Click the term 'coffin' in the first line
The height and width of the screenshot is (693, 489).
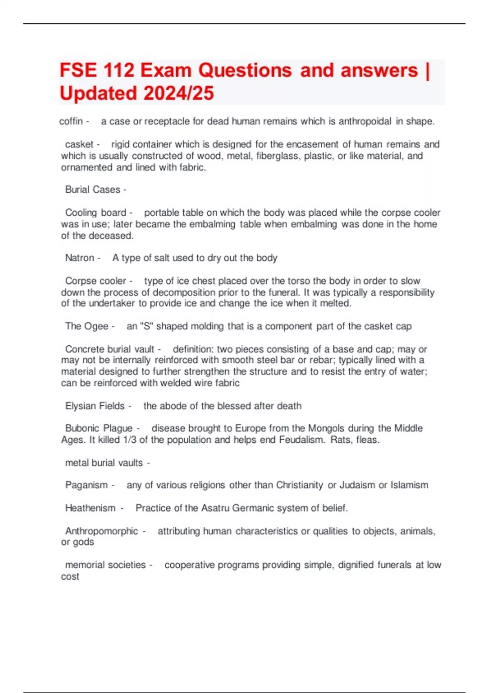(71, 121)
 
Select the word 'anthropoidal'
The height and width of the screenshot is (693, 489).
(365, 121)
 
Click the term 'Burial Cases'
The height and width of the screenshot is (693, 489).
(93, 190)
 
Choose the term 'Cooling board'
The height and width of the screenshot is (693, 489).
(95, 213)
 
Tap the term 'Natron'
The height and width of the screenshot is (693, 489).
(79, 258)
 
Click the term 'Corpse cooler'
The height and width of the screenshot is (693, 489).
(95, 281)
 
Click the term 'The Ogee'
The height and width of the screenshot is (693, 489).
(86, 326)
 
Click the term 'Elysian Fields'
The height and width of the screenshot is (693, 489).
(95, 406)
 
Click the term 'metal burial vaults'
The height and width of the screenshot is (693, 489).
(104, 463)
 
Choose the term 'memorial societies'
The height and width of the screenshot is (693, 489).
(105, 565)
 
